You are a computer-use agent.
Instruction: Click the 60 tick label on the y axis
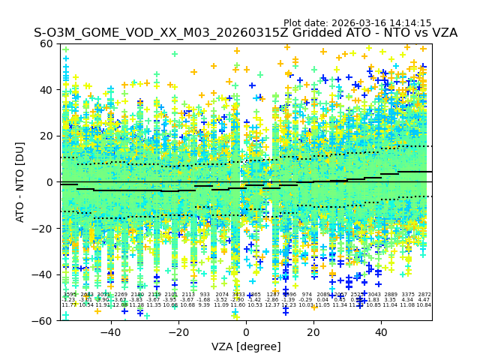[47, 43]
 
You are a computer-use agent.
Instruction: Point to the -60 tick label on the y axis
[45, 320]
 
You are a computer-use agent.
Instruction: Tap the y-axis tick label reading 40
[47, 90]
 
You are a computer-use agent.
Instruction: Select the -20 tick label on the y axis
[45, 228]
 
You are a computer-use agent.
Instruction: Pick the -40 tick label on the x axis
[110, 332]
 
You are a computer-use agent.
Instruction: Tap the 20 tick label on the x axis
[313, 332]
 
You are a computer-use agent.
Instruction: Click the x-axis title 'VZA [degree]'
[246, 346]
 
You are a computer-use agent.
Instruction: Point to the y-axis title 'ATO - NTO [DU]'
[21, 182]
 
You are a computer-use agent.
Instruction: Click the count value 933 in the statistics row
[204, 295]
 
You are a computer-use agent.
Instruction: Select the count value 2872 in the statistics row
[424, 295]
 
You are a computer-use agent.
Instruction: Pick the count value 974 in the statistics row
[306, 295]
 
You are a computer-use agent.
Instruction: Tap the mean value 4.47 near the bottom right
[424, 300]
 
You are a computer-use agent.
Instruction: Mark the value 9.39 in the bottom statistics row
[204, 305]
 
